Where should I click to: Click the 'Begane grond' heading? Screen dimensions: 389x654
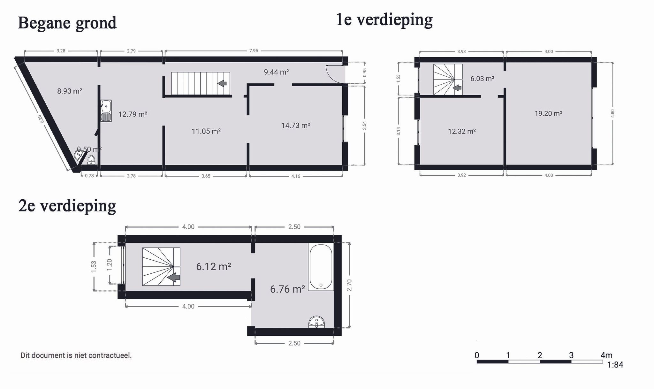pos(67,23)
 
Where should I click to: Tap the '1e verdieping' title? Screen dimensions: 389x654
pos(384,20)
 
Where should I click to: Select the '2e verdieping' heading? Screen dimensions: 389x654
pos(67,206)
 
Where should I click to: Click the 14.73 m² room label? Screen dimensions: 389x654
pos(296,126)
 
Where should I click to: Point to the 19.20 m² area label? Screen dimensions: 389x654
pos(548,113)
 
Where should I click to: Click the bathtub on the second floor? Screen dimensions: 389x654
pos(321,267)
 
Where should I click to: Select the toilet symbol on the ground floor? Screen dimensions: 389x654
pos(91,160)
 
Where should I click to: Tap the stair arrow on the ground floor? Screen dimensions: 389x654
pos(222,83)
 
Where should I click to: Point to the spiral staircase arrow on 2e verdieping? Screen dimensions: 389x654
pos(174,277)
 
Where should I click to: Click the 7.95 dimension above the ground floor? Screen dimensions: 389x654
pos(254,51)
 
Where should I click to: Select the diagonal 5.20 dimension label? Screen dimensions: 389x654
pos(40,119)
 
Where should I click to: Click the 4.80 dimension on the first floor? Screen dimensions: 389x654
pos(612,113)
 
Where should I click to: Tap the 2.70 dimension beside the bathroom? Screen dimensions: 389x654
pos(349,285)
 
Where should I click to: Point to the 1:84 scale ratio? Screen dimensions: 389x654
pos(615,365)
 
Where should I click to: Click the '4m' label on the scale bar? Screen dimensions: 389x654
pos(606,355)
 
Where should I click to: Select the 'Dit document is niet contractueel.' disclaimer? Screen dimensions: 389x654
pos(76,355)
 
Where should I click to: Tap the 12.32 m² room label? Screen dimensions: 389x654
pos(462,131)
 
